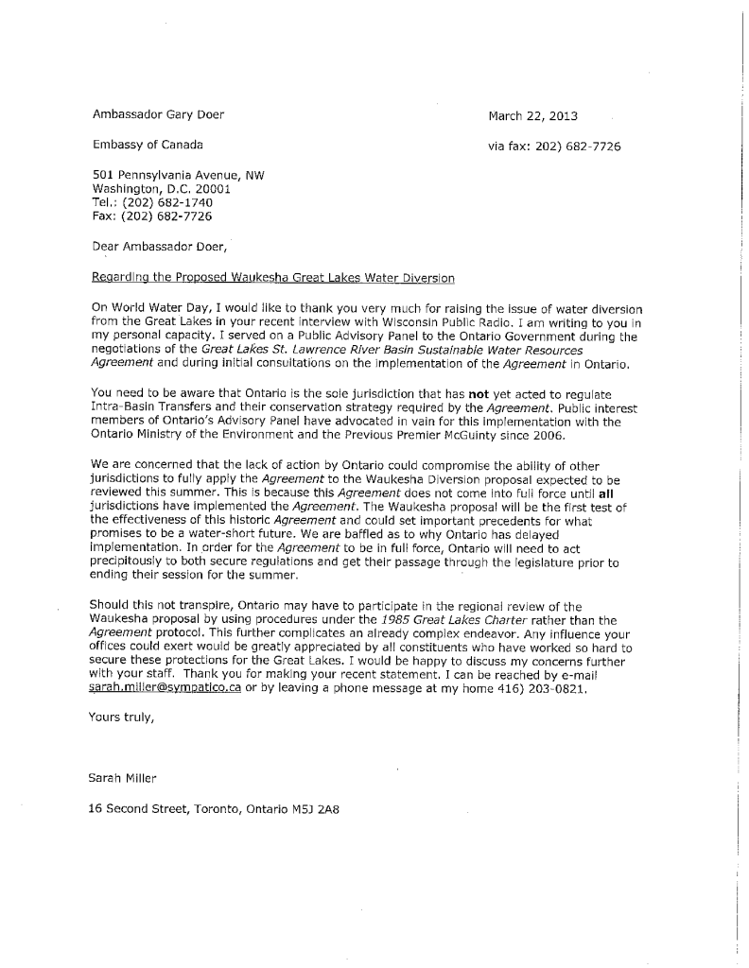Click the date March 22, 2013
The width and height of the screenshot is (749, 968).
532,116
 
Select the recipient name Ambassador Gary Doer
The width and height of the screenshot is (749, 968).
158,115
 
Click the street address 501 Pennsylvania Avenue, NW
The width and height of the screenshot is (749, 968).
178,175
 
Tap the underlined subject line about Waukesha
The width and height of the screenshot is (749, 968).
272,278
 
